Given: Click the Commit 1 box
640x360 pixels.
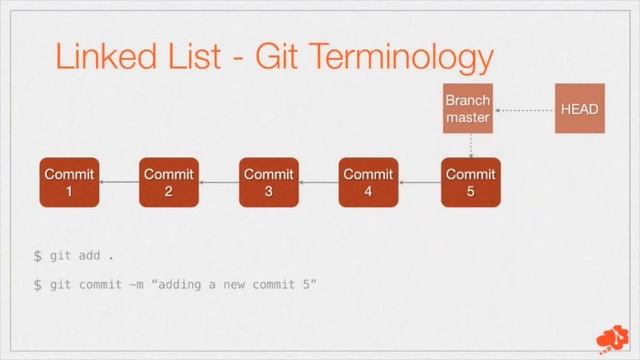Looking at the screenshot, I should pyautogui.click(x=69, y=182).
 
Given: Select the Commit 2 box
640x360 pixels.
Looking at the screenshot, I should pyautogui.click(x=169, y=182).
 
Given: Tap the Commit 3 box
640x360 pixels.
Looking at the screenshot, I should pyautogui.click(x=269, y=182).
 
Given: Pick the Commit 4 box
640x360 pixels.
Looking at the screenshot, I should pyautogui.click(x=369, y=182).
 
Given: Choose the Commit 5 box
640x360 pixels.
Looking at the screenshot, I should pyautogui.click(x=470, y=182).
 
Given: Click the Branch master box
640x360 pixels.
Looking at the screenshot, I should pyautogui.click(x=468, y=109).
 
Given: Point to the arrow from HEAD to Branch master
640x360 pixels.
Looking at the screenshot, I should pyautogui.click(x=524, y=109).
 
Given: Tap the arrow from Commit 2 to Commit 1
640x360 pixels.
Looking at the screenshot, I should pyautogui.click(x=119, y=182).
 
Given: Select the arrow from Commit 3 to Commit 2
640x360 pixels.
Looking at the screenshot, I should pyautogui.click(x=219, y=182).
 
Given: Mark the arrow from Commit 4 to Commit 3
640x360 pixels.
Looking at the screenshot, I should pyautogui.click(x=319, y=182).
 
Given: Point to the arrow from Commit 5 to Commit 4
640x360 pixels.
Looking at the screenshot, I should pyautogui.click(x=419, y=182).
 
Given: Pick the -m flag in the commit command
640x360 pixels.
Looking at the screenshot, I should pyautogui.click(x=135, y=285).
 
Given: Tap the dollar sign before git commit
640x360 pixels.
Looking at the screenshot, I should pyautogui.click(x=38, y=285).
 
